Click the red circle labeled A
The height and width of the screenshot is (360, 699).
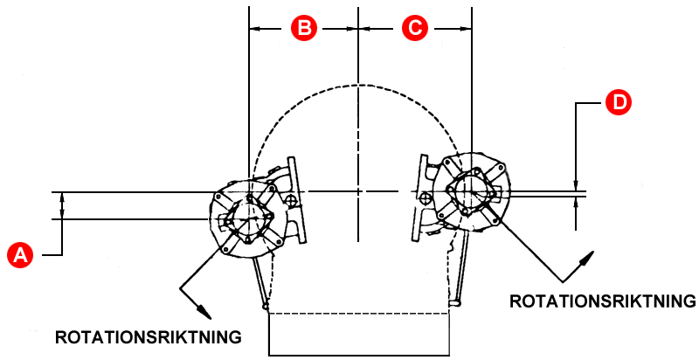(x=19, y=254)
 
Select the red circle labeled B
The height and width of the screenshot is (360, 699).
(x=303, y=28)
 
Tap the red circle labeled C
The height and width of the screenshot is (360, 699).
(x=414, y=28)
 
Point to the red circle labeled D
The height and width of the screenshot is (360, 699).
(x=618, y=102)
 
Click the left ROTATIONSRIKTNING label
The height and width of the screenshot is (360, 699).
(x=148, y=336)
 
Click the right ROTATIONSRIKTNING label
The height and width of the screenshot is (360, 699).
(x=602, y=301)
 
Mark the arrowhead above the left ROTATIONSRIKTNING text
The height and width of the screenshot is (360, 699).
(x=204, y=310)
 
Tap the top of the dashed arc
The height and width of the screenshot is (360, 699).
(x=359, y=85)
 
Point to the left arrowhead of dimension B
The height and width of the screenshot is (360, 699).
(x=254, y=28)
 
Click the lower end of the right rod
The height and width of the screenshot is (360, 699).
(x=454, y=302)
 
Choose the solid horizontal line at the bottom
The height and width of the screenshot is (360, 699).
(x=359, y=353)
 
